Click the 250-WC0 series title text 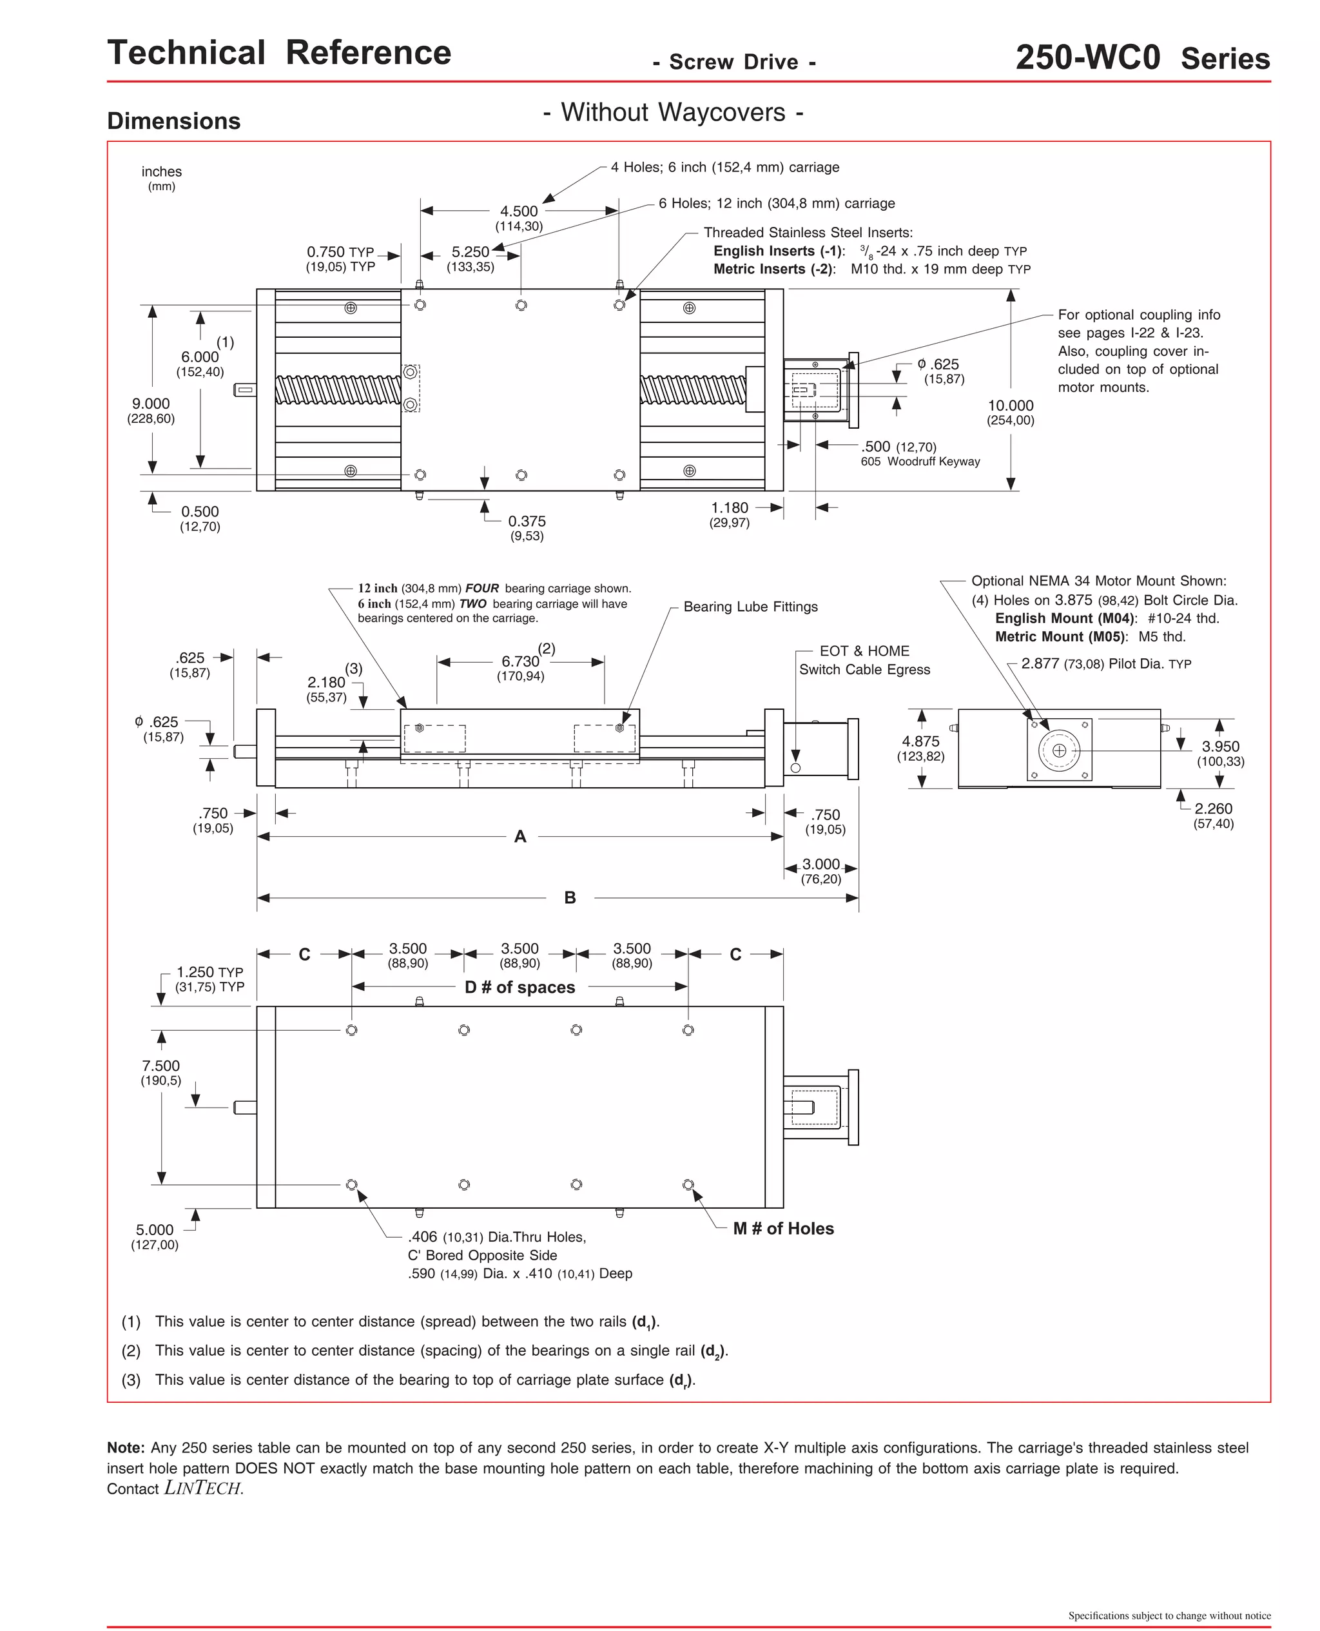click(1142, 58)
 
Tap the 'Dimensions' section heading click(173, 121)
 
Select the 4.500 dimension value click(519, 211)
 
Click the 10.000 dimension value click(1010, 405)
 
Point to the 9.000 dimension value click(151, 404)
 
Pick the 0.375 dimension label click(527, 522)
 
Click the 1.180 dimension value click(729, 508)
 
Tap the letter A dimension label click(520, 836)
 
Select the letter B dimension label click(570, 898)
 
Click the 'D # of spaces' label click(520, 987)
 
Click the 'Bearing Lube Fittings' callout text click(750, 607)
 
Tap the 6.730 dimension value click(520, 661)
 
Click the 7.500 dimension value click(160, 1066)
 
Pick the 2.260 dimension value click(1213, 809)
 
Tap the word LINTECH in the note click(203, 1488)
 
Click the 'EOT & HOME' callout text click(864, 651)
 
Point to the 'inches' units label click(161, 172)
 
